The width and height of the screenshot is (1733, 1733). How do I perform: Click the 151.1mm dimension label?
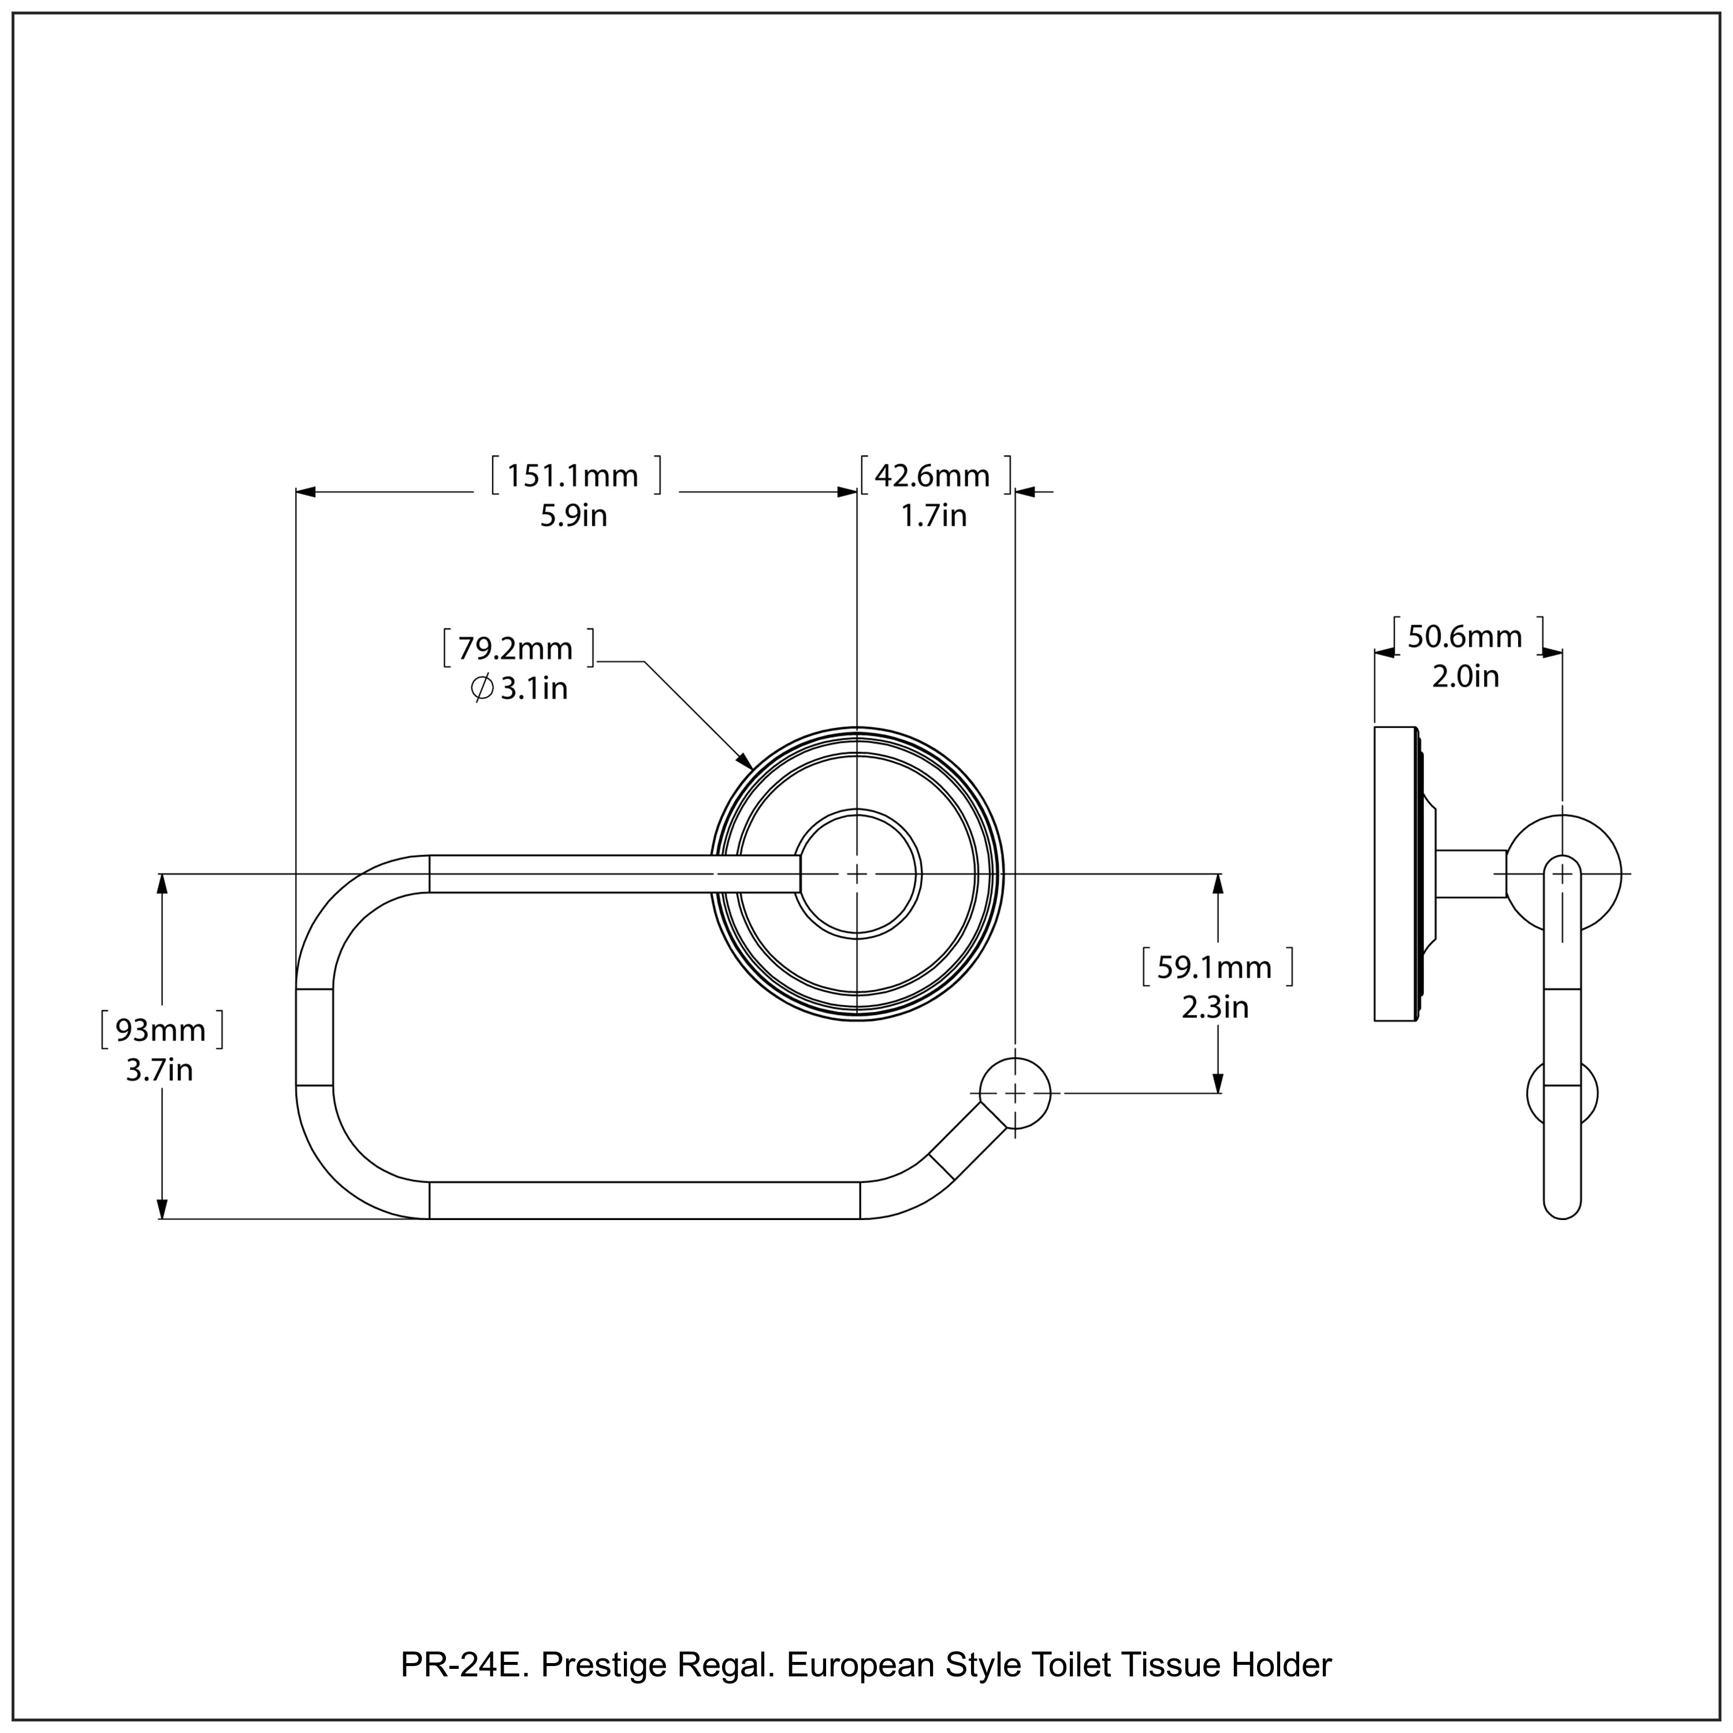click(572, 475)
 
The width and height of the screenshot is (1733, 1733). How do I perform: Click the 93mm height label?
click(161, 1030)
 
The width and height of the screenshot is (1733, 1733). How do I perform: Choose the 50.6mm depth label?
click(1464, 637)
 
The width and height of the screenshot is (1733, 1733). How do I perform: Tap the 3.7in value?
click(159, 1070)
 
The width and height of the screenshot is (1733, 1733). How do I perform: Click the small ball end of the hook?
click(1014, 1094)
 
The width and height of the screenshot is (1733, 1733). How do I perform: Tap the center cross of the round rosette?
click(857, 873)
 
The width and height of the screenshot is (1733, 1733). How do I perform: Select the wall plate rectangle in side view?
click(1395, 873)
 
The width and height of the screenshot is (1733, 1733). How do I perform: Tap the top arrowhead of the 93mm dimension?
click(162, 884)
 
